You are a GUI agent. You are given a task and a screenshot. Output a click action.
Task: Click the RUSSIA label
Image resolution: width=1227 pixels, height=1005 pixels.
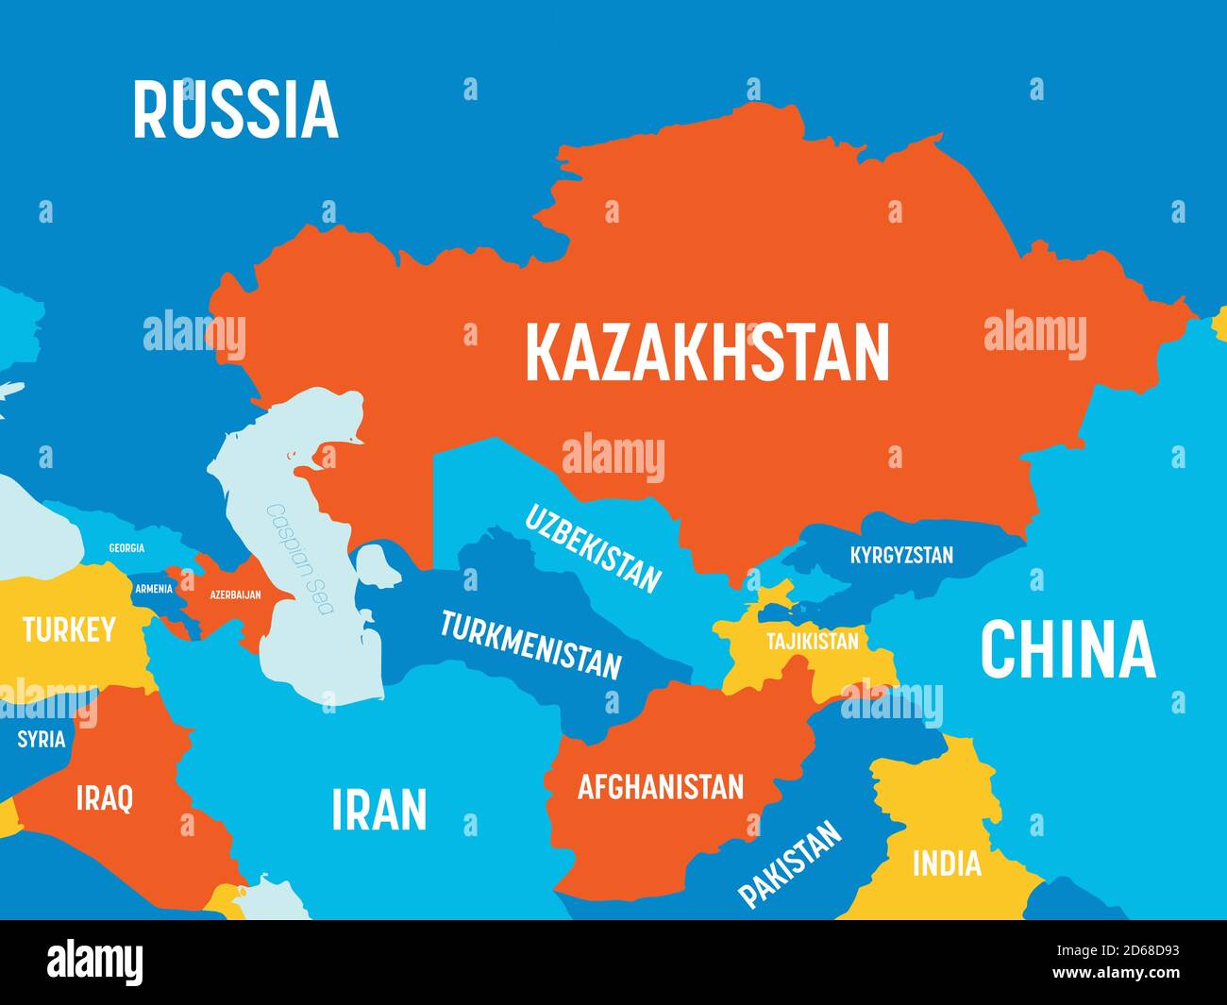[235, 110]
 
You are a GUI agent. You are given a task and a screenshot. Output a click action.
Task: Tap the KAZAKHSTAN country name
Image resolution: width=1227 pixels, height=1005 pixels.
[707, 352]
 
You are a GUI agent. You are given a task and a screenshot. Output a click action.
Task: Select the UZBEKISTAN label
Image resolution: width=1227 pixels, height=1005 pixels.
[592, 548]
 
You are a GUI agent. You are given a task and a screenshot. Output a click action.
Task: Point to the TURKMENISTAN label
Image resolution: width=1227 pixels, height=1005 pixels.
[531, 645]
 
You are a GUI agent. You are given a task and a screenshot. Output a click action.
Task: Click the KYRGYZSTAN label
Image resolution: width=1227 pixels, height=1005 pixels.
[901, 555]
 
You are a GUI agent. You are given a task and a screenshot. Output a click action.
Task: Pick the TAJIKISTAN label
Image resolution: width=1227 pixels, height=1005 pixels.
[812, 642]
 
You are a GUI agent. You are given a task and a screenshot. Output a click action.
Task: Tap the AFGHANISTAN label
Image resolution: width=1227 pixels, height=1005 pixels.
[661, 786]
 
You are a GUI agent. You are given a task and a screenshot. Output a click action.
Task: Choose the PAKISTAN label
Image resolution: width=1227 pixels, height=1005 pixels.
[790, 863]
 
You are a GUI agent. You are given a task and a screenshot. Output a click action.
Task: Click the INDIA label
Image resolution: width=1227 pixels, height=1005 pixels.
[946, 863]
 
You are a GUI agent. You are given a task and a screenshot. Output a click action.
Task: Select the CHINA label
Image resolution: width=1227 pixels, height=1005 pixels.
[1067, 649]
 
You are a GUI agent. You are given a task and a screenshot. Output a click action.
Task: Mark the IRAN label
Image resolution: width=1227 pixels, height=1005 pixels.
[378, 810]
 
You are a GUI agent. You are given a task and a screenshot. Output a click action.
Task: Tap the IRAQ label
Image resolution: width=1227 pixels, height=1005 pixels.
[104, 798]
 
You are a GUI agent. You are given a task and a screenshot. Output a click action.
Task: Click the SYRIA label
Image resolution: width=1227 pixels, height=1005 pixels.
[42, 739]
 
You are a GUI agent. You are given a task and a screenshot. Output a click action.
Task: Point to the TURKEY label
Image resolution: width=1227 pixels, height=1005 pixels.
[69, 629]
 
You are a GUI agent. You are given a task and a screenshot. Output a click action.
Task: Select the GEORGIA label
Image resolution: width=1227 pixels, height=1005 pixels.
[126, 548]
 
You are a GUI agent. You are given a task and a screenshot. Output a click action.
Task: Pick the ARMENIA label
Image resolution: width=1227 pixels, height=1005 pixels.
[153, 589]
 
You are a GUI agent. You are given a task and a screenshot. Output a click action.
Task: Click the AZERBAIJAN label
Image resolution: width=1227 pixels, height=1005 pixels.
[222, 595]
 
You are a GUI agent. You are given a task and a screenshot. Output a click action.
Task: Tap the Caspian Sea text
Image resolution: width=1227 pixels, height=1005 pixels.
[300, 559]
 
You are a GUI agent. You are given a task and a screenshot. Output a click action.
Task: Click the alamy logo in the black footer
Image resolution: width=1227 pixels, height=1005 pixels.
[95, 963]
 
